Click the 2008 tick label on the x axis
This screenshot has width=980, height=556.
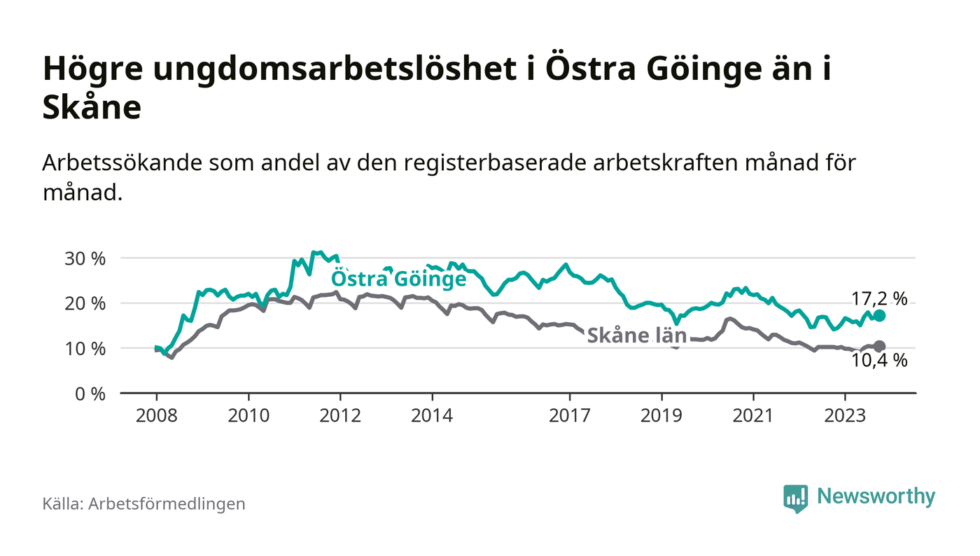click(156, 415)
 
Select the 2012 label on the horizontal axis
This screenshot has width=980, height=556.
click(340, 415)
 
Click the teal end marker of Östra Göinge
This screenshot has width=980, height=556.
click(879, 316)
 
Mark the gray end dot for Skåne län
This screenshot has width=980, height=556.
click(879, 346)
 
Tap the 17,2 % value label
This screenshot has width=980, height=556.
click(879, 299)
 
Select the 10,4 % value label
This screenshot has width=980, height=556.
click(879, 361)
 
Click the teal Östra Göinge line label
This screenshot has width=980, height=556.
click(398, 279)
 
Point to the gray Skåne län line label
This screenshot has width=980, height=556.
click(636, 335)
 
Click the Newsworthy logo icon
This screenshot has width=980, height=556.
click(795, 498)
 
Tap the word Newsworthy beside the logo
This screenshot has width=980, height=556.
click(876, 496)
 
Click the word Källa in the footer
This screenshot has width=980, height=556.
click(61, 503)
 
